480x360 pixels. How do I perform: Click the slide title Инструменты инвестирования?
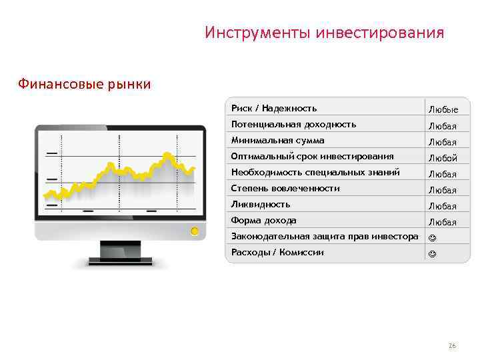(x=324, y=33)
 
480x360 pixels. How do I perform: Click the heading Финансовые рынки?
(x=84, y=85)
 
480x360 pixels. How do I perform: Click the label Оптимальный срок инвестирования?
(x=312, y=157)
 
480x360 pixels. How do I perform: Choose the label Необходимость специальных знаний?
(x=315, y=172)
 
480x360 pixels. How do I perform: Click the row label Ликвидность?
(x=261, y=204)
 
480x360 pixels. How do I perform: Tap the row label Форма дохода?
(x=263, y=220)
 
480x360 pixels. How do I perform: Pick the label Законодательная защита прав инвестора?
(x=325, y=236)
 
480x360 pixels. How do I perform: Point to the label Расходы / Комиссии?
(x=277, y=252)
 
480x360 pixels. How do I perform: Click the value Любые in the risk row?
(x=443, y=109)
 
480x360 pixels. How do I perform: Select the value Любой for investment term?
(x=443, y=158)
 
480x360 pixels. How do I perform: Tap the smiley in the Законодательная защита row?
(x=433, y=237)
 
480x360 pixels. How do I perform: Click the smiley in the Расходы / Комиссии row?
(x=433, y=253)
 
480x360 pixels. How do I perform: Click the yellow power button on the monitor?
(x=194, y=232)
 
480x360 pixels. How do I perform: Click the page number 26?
(x=452, y=346)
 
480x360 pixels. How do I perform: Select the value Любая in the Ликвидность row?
(x=443, y=206)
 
